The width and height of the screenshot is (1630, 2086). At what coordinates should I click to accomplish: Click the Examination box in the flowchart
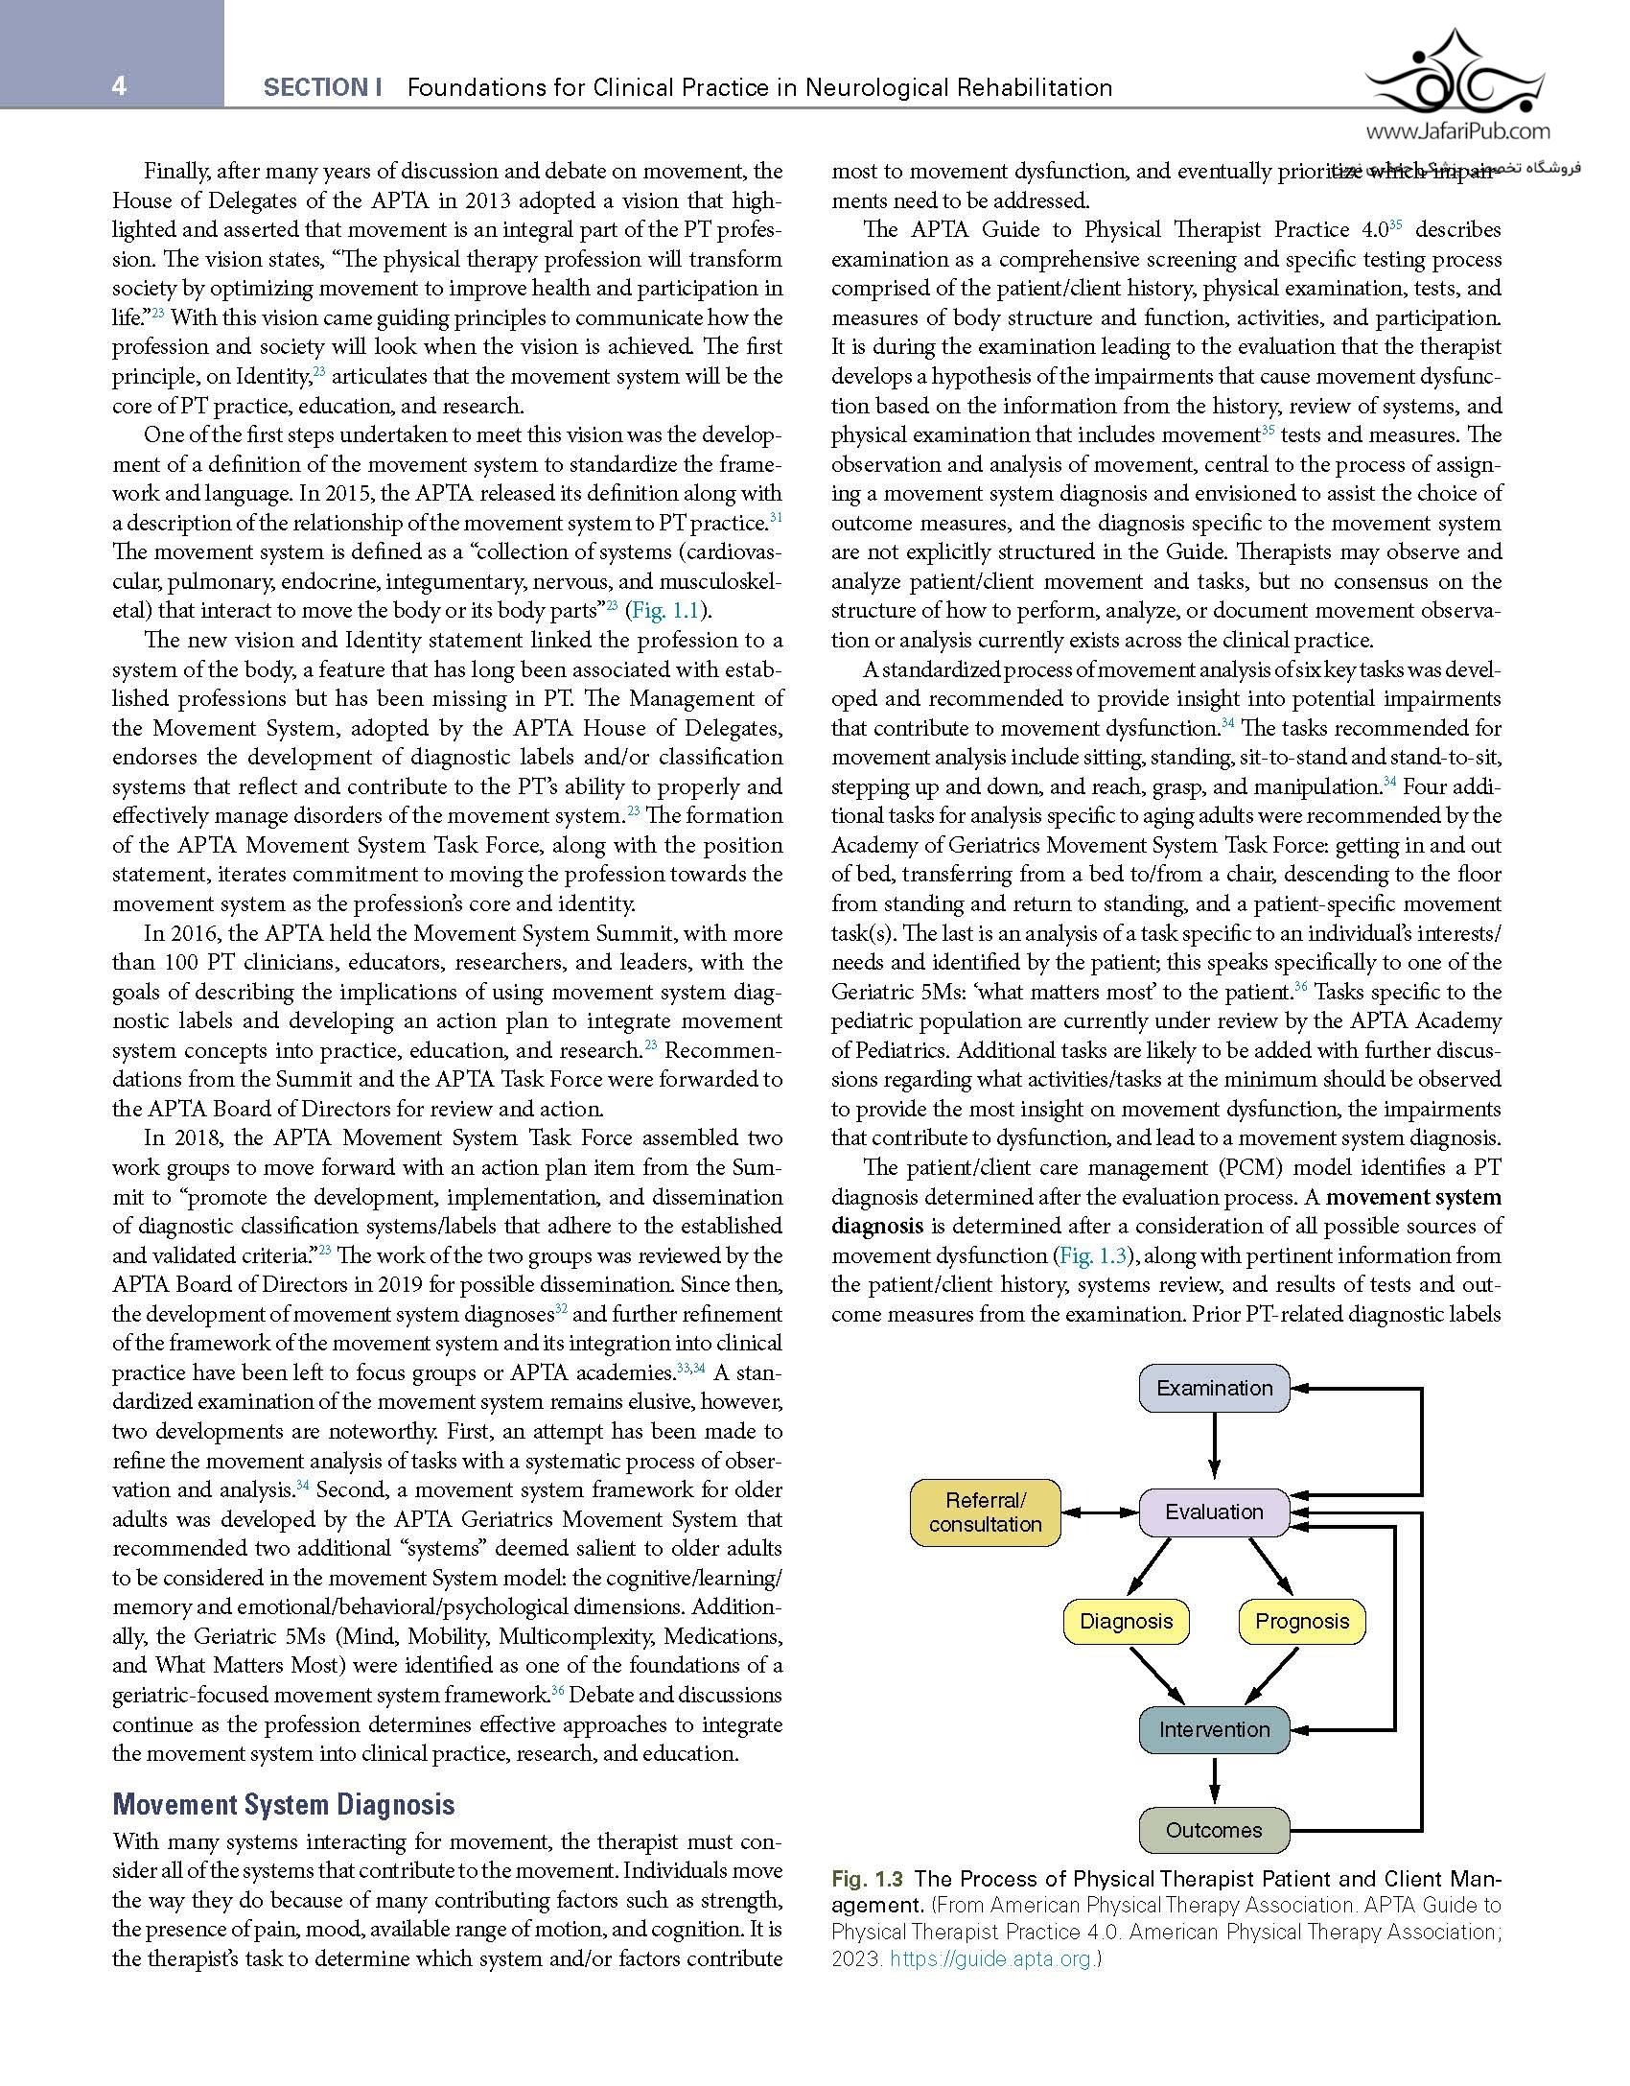point(1214,1388)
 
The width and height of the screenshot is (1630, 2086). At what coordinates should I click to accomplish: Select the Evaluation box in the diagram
point(1214,1512)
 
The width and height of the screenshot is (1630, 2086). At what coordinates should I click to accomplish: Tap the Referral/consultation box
point(985,1512)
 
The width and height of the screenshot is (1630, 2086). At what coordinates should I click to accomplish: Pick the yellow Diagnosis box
point(1126,1621)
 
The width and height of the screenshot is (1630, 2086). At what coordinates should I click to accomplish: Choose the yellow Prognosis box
point(1301,1621)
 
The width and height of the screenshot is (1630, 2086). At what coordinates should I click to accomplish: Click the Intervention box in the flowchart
point(1214,1729)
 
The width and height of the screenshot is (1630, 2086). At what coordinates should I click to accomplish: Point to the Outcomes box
point(1214,1830)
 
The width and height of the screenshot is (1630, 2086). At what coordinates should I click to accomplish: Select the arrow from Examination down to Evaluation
point(1215,1448)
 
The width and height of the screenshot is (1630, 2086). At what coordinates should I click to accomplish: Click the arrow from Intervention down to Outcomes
point(1215,1780)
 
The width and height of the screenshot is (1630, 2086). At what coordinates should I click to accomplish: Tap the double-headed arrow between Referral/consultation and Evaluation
point(1100,1512)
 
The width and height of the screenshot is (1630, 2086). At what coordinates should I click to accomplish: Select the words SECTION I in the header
point(322,88)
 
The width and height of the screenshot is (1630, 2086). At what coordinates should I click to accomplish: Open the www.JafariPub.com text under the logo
point(1456,132)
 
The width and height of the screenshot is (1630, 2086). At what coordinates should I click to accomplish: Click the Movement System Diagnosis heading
point(283,1804)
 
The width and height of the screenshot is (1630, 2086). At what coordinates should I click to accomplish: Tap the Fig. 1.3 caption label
point(867,1879)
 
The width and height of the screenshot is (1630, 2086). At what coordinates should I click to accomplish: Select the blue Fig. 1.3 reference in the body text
point(1093,1255)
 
